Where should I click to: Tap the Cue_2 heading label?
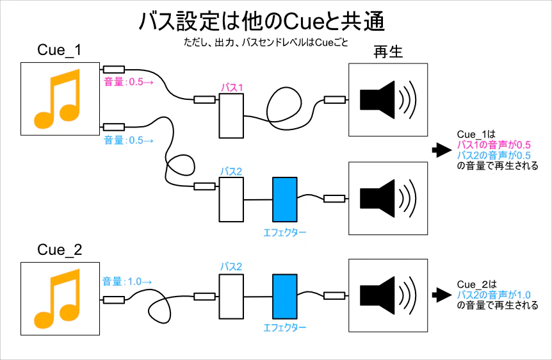60,249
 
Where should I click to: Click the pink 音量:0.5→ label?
128,82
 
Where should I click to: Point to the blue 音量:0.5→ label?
128,140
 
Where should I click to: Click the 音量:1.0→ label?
126,281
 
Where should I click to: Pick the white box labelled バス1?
231,115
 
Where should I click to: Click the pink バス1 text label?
231,87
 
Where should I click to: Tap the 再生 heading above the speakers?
388,53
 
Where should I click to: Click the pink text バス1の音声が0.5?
494,145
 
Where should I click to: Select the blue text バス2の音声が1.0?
494,295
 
